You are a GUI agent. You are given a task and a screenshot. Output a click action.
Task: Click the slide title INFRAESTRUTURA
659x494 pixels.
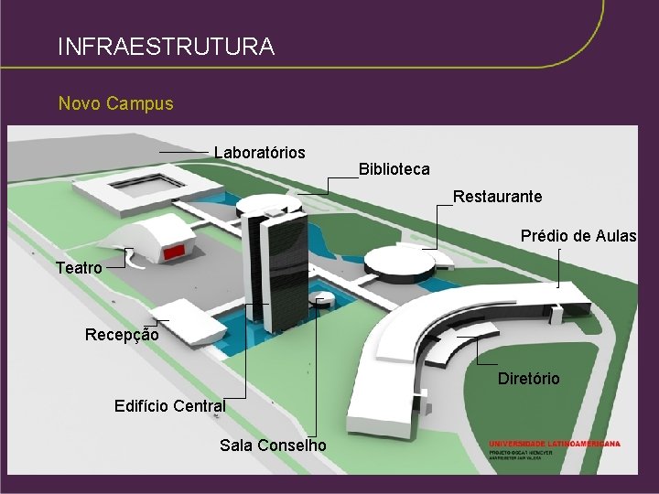(x=165, y=46)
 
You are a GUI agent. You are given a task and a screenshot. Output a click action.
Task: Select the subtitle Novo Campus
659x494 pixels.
(x=115, y=103)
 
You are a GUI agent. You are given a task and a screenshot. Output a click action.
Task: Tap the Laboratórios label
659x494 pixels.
(x=260, y=152)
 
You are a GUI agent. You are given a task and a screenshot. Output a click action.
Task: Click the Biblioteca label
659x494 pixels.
(x=394, y=169)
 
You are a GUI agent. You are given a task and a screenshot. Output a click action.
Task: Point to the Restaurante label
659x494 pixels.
(x=497, y=197)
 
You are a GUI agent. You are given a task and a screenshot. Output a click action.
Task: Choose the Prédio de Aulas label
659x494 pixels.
(x=578, y=236)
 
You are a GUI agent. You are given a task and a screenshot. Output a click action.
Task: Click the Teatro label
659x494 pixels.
(x=79, y=268)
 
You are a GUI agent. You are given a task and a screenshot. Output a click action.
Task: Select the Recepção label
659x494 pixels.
(x=122, y=335)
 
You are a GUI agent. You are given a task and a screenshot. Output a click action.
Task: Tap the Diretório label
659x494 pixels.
(x=528, y=379)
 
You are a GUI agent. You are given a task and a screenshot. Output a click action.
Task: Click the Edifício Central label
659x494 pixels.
(x=170, y=405)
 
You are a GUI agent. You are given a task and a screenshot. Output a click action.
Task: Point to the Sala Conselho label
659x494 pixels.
(x=273, y=446)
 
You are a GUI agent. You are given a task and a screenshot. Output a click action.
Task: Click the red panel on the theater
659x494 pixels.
(x=174, y=251)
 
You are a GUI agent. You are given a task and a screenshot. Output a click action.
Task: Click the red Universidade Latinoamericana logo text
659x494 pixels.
(x=555, y=444)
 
